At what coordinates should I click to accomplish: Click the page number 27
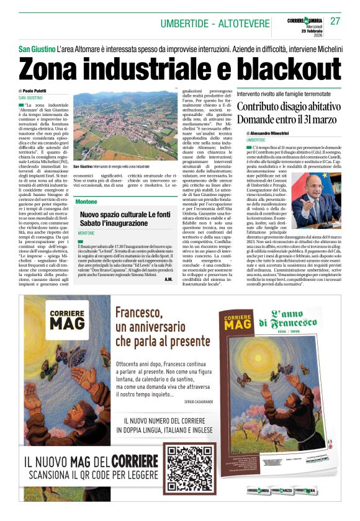(335, 21)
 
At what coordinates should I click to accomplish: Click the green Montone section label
(86, 202)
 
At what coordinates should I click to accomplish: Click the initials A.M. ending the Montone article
(168, 279)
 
